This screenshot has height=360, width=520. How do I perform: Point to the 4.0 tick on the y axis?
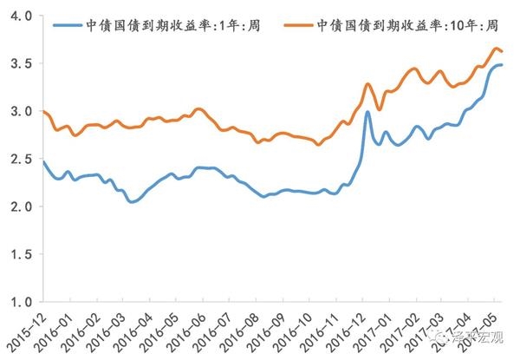(23, 17)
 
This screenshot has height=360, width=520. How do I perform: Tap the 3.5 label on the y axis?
(23, 64)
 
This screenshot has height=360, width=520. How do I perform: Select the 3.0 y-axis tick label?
(23, 112)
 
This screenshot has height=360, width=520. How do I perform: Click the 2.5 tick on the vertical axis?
(23, 160)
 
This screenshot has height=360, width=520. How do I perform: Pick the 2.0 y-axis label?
(23, 207)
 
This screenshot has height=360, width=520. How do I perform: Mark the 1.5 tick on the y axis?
(23, 254)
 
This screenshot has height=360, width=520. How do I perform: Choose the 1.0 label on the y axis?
(23, 302)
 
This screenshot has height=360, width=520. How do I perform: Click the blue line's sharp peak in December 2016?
(368, 112)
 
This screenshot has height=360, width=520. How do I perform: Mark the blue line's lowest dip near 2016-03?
(132, 202)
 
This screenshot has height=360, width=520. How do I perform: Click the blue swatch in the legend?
(70, 25)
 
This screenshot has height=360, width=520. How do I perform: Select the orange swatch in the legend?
(300, 25)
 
